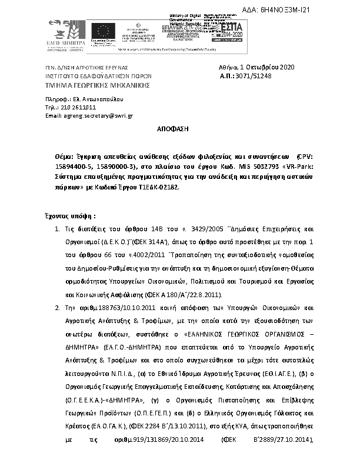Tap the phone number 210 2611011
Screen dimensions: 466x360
tap(79, 108)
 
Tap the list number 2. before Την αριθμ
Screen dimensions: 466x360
tap(56, 307)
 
